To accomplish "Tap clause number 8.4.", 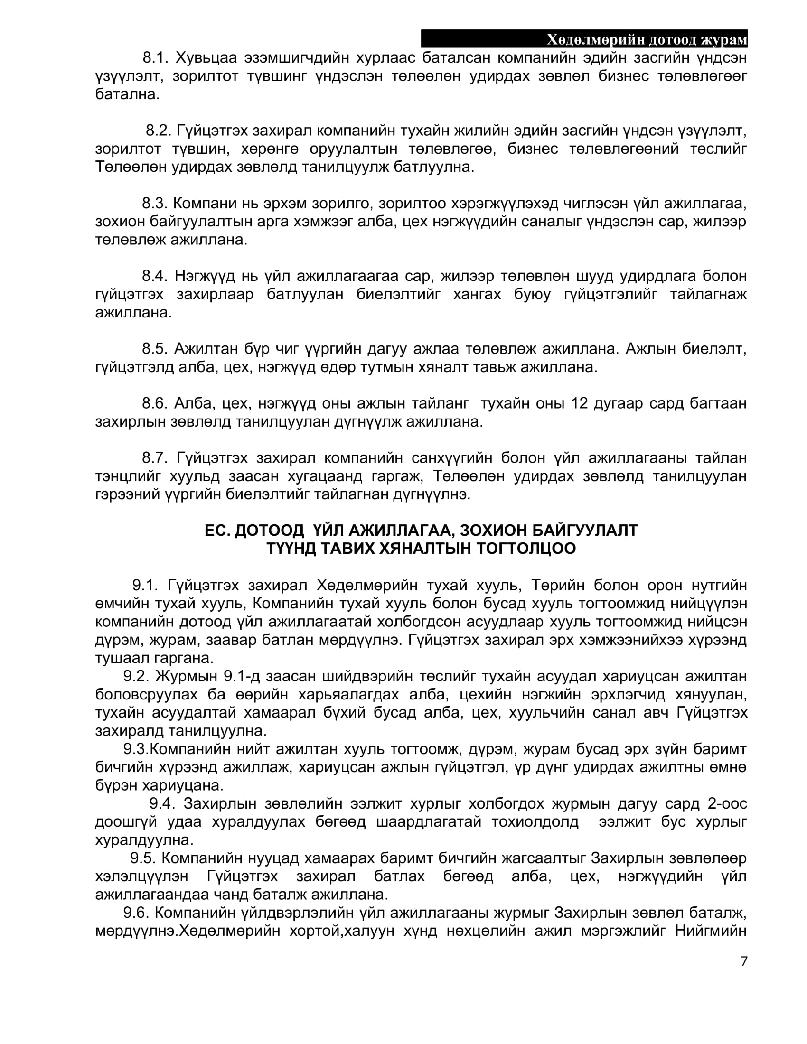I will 155,276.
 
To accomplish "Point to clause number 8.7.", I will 155,458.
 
